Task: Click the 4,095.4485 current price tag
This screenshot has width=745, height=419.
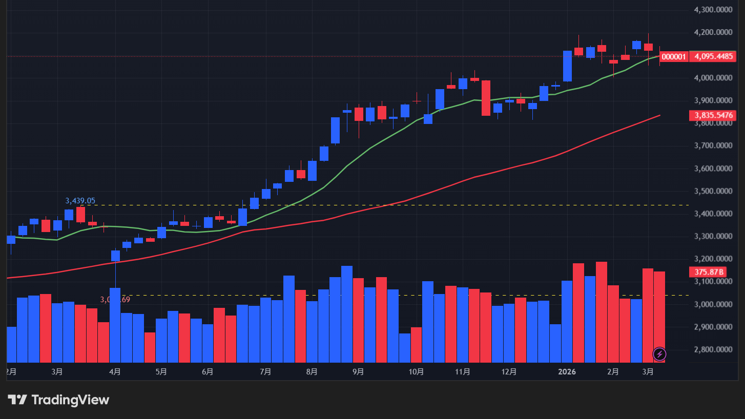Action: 715,56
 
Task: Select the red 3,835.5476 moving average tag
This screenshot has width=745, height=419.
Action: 715,115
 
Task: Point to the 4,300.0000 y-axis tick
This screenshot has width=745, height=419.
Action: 714,10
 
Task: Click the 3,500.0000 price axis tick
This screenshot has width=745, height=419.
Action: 714,191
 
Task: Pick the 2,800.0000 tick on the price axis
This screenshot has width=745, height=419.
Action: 714,350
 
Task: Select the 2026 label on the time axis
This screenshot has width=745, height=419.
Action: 567,372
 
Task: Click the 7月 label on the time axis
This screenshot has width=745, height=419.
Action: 265,372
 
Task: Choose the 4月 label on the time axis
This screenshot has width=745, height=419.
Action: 115,372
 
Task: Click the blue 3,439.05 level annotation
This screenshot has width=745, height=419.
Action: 80,201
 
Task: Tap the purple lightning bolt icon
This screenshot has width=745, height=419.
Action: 659,354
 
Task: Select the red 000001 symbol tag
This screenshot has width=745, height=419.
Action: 674,56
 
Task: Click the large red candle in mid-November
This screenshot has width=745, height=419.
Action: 486,98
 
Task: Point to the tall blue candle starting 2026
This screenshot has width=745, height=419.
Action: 567,66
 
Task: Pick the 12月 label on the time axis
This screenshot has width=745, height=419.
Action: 509,372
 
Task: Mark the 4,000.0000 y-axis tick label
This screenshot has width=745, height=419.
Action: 714,78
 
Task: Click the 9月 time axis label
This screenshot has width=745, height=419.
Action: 359,372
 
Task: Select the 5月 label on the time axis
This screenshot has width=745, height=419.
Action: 161,372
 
